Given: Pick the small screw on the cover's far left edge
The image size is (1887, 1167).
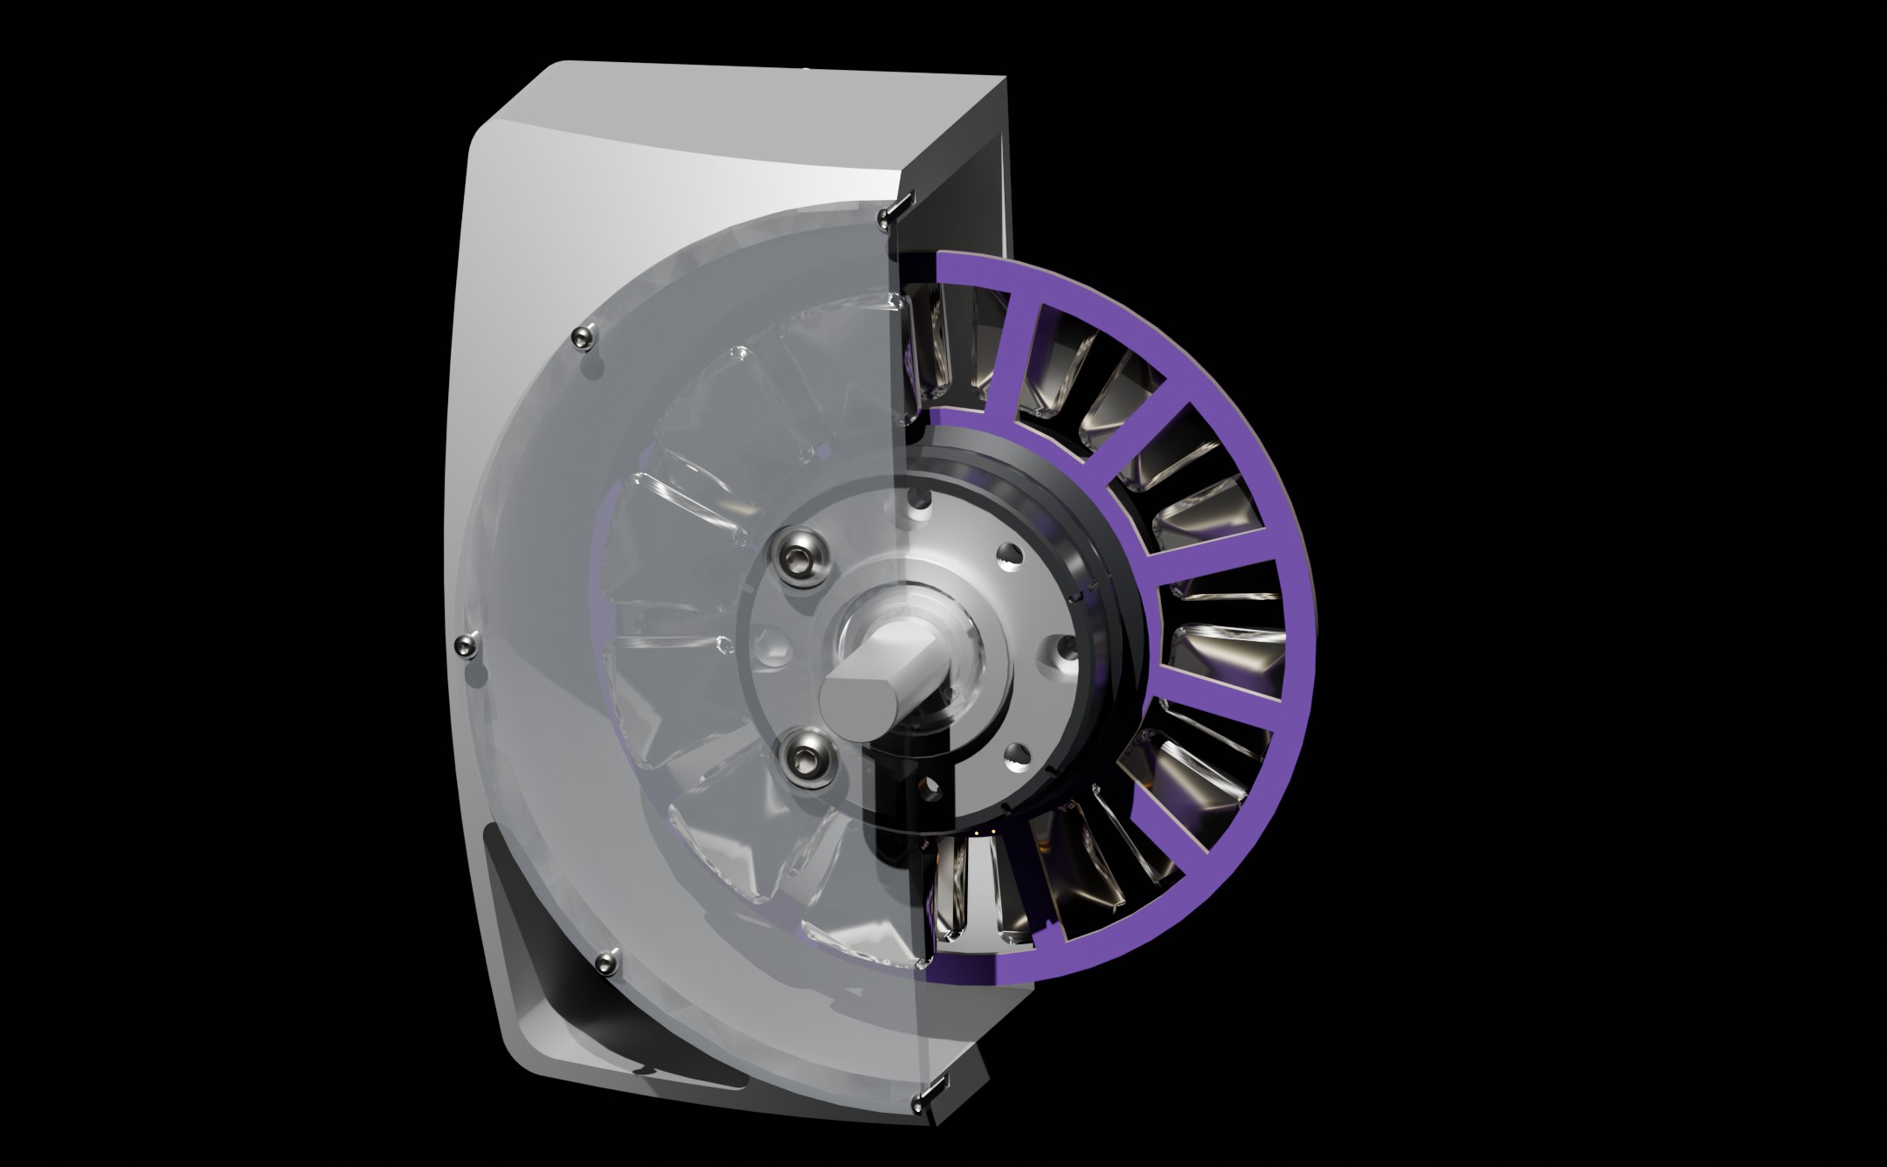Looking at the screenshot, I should pyautogui.click(x=467, y=646).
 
